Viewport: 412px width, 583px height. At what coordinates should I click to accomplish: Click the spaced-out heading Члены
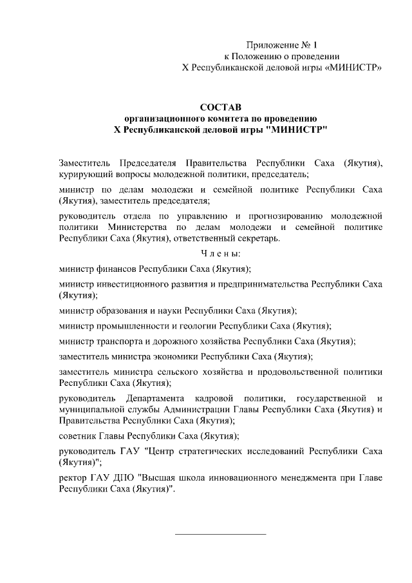(x=220, y=254)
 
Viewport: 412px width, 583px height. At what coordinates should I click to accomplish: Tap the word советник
(x=77, y=435)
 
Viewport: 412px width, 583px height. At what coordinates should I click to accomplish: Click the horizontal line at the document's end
(x=220, y=534)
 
